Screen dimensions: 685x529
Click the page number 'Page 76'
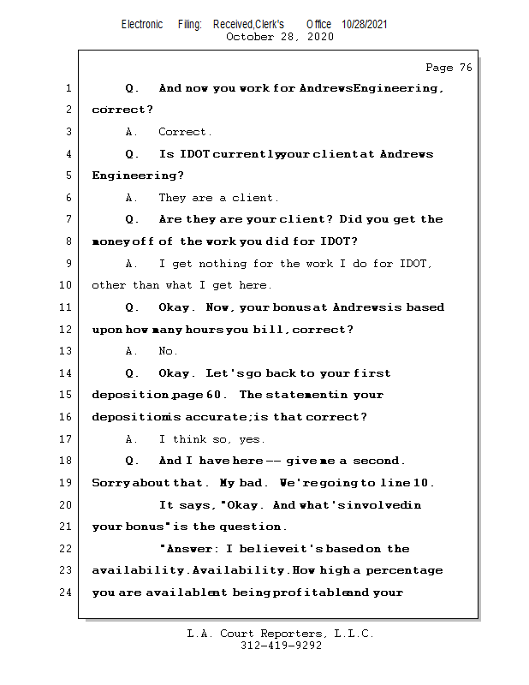point(448,68)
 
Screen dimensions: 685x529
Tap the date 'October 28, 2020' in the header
point(279,37)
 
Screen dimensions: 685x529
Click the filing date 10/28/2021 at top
point(364,24)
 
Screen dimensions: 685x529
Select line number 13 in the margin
point(68,351)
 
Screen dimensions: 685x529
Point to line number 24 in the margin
point(68,593)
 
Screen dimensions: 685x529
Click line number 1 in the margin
point(68,88)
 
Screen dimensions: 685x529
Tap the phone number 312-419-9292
point(281,646)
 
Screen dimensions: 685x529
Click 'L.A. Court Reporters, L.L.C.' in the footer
point(281,634)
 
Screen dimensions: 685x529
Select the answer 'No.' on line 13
point(168,351)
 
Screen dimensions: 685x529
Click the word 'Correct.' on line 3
point(185,132)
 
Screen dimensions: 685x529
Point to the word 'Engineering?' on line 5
point(138,176)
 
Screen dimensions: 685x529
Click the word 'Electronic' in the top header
point(142,24)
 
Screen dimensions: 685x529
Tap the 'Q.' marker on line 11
point(133,307)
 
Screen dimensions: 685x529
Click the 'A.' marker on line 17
point(132,439)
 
